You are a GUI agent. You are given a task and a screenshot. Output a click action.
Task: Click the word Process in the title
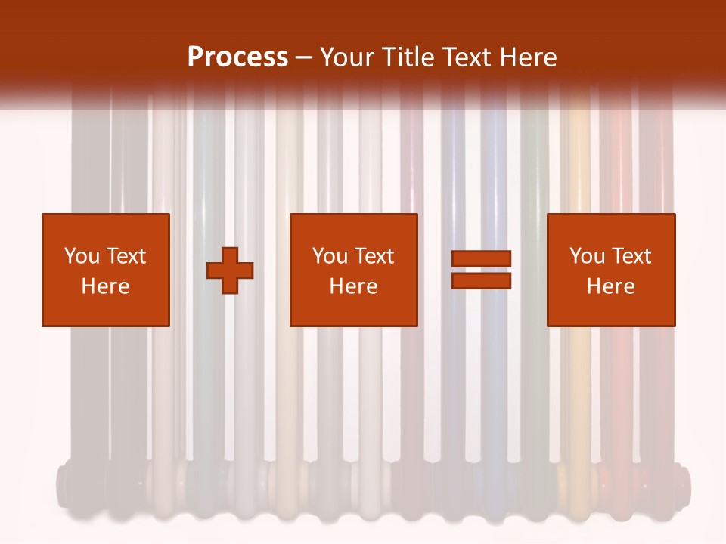click(x=237, y=57)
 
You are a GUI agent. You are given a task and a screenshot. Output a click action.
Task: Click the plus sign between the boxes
click(x=231, y=270)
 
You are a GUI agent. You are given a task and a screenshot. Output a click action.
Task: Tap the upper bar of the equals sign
click(x=481, y=258)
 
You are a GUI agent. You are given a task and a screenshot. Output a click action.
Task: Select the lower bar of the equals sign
click(x=481, y=281)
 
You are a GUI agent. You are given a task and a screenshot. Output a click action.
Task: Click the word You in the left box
click(x=82, y=256)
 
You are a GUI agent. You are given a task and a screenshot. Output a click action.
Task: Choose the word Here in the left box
click(x=105, y=286)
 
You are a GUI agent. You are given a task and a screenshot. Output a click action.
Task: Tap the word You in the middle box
click(x=330, y=256)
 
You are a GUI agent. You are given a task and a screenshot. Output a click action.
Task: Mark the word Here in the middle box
click(x=354, y=286)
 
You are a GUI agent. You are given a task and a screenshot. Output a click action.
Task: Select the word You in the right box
click(x=587, y=256)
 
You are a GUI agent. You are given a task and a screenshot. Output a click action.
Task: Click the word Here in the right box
click(x=611, y=286)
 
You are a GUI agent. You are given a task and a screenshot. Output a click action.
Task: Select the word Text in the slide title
click(x=464, y=57)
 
